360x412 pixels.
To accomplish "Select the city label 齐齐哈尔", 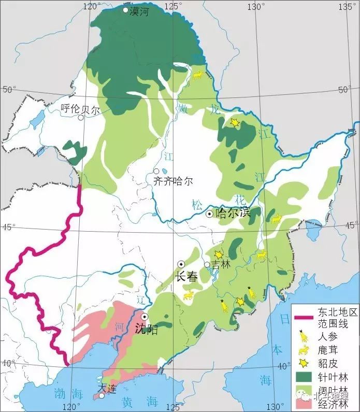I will (x=173, y=181).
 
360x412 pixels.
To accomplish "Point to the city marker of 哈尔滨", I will (x=209, y=214).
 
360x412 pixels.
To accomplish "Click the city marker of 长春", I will (x=182, y=264).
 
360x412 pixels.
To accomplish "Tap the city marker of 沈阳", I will (x=145, y=317).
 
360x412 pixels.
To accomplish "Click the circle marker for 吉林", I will (x=207, y=264).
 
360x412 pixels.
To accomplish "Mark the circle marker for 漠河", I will (x=125, y=10).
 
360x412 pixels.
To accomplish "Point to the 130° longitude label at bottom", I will (x=269, y=407).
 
